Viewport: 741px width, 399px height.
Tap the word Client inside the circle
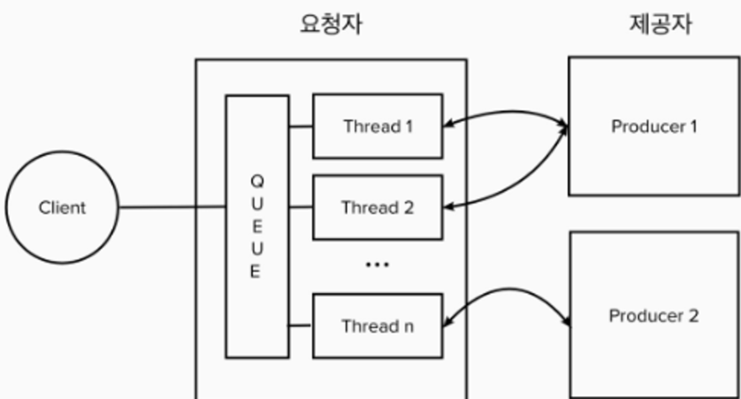[62, 209]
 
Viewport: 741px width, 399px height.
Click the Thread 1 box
[378, 127]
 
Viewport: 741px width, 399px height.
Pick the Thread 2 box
[378, 209]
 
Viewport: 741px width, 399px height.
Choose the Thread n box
[378, 326]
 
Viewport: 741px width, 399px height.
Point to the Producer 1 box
[654, 127]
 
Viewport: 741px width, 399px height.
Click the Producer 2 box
[654, 315]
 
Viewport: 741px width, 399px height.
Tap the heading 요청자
[331, 26]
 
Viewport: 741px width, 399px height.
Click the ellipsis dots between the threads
[378, 265]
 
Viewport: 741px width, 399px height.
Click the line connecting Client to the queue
[172, 209]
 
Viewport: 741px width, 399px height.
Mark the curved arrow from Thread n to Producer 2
[508, 288]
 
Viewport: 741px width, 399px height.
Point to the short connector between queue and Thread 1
[301, 127]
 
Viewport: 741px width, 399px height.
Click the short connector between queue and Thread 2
[301, 209]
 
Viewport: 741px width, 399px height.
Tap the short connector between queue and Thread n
[301, 326]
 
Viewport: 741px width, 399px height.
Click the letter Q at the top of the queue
[256, 181]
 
